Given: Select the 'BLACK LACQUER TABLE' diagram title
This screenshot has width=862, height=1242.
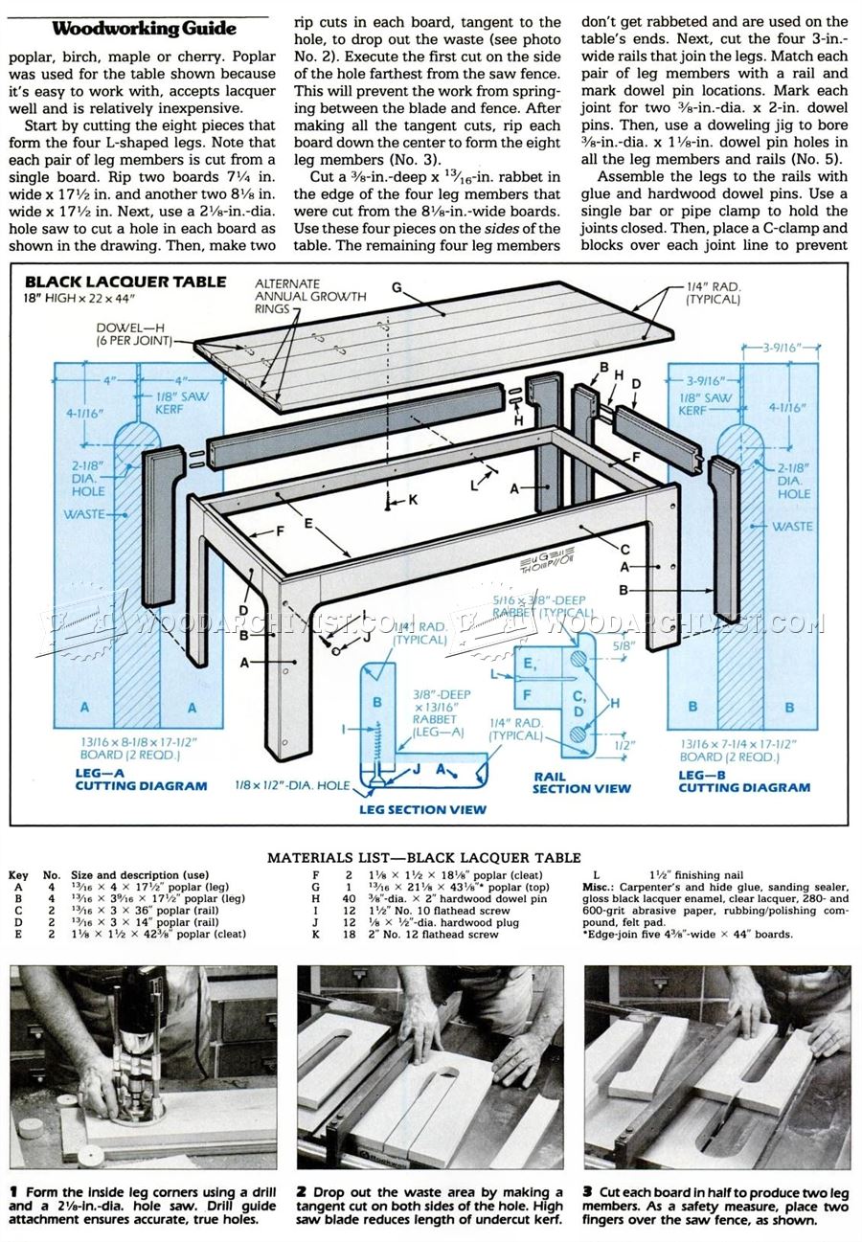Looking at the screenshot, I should click(125, 282).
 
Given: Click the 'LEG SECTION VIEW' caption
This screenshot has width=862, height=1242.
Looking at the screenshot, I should click(422, 809).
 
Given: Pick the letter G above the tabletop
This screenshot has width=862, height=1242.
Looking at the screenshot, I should click(396, 287).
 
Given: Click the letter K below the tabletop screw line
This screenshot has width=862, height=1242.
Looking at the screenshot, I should click(413, 500).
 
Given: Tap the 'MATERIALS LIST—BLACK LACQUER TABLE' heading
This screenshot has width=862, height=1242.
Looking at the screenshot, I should click(423, 857).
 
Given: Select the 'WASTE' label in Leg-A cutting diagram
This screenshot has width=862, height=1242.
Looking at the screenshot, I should click(84, 514).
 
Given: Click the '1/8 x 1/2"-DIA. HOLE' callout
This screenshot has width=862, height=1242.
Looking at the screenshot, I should click(292, 785).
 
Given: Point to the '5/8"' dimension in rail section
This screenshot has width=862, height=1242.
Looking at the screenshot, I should click(624, 645).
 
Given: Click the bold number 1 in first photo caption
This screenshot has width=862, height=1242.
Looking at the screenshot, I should click(13, 1191).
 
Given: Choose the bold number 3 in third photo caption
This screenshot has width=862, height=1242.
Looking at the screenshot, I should click(587, 1191).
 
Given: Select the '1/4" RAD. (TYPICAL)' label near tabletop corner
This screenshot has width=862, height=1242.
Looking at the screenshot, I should click(714, 292).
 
